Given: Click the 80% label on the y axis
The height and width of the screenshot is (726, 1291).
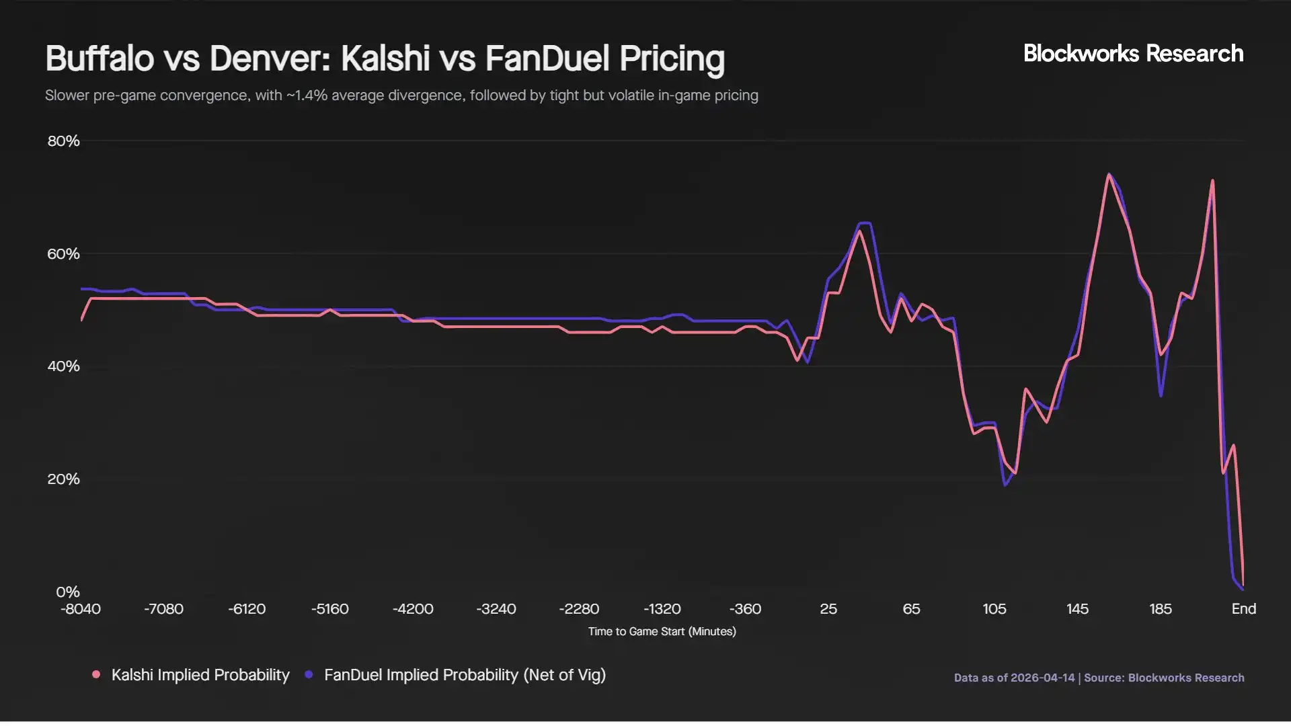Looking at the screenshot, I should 63,141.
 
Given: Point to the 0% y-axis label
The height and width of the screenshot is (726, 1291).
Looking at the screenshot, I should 67,592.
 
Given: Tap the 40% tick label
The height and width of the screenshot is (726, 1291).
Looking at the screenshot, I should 63,366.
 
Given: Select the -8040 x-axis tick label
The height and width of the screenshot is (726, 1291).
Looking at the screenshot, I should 81,609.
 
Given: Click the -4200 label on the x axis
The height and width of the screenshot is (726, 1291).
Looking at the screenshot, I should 413,609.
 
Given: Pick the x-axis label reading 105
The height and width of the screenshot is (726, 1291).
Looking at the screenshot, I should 994,609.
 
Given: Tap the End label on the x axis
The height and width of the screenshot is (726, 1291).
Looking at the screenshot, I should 1243,609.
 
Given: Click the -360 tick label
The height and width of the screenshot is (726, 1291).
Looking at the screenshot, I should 745,609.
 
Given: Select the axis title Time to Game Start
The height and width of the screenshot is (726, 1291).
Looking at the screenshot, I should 662,632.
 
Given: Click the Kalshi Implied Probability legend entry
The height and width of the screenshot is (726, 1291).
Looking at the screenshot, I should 200,675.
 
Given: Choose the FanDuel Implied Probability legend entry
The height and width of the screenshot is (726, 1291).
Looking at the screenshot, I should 465,675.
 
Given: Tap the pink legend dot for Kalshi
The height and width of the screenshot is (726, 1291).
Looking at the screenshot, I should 96,674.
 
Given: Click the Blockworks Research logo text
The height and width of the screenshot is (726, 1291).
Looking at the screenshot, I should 1133,54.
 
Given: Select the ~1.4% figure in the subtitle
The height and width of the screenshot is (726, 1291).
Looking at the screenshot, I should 307,95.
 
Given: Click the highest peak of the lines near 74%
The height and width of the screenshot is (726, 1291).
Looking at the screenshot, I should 1109,175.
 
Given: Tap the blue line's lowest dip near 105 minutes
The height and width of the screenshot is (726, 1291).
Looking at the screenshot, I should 1005,485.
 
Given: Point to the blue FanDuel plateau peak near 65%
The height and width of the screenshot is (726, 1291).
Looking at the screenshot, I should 865,223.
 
